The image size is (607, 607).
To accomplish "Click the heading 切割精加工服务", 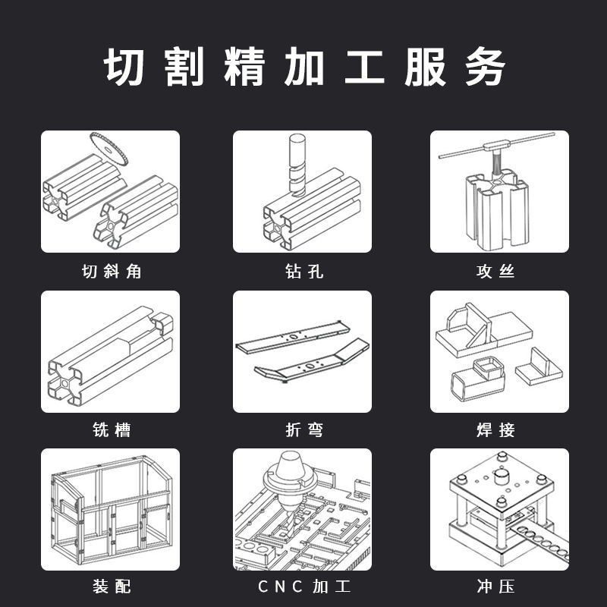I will pyautogui.click(x=303, y=68).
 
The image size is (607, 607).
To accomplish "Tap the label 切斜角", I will pyautogui.click(x=111, y=272).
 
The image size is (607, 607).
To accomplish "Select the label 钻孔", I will pyautogui.click(x=303, y=272).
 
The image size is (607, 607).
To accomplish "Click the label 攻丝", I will pyautogui.click(x=495, y=272).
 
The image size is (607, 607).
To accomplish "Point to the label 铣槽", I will pyautogui.click(x=111, y=430).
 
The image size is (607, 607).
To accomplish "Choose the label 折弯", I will pyautogui.click(x=303, y=430).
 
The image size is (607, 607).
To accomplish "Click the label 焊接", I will pyautogui.click(x=495, y=430).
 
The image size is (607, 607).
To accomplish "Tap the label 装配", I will pyautogui.click(x=111, y=587).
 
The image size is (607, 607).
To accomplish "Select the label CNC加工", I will pyautogui.click(x=303, y=587).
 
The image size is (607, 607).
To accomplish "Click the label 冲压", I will pyautogui.click(x=495, y=587).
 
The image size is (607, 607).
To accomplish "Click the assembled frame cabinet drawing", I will pyautogui.click(x=111, y=508).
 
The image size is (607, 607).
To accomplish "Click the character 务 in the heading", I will pyautogui.click(x=486, y=68).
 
